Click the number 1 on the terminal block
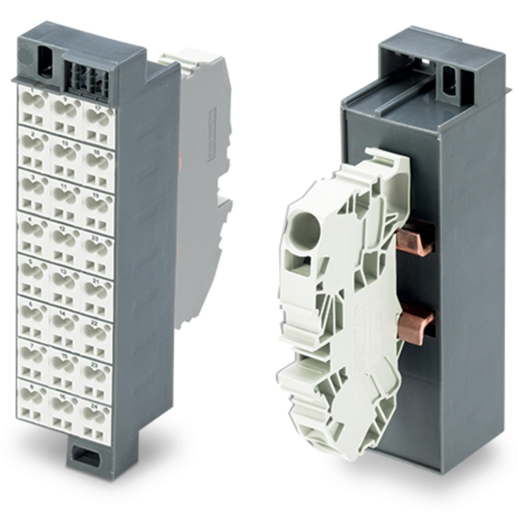[32, 92]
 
